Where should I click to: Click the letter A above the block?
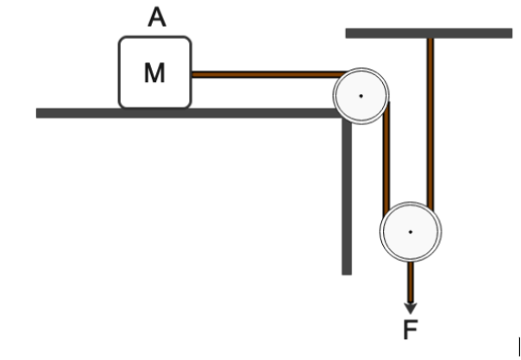coord(156,17)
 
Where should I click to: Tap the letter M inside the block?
coord(154,73)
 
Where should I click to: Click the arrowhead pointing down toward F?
coord(411,306)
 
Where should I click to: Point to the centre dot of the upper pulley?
coord(361,95)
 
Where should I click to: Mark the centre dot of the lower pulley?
coord(411,231)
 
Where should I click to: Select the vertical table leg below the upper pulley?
coord(347,199)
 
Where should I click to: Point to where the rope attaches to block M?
coord(192,75)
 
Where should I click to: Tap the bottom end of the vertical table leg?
coord(347,271)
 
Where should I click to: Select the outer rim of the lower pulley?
coord(411,203)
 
